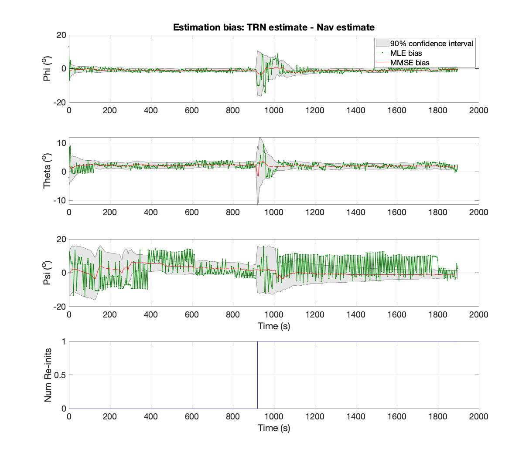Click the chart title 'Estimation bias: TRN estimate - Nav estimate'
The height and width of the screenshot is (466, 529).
pyautogui.click(x=273, y=27)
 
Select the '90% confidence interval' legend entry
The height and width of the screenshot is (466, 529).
pyautogui.click(x=424, y=43)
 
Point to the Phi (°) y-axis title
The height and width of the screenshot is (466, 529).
pyautogui.click(x=47, y=68)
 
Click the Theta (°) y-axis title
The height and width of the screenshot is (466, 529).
pyautogui.click(x=47, y=171)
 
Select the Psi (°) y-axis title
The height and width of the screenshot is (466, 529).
pyautogui.click(x=47, y=273)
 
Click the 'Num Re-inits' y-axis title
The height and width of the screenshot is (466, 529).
pyautogui.click(x=48, y=375)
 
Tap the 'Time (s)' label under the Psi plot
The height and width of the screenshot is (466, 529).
pyautogui.click(x=274, y=326)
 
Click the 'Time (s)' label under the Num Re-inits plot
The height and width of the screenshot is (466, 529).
pyautogui.click(x=274, y=428)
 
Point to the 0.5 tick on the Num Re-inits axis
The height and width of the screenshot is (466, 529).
pyautogui.click(x=60, y=375)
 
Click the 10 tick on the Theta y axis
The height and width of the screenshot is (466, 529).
pyautogui.click(x=61, y=143)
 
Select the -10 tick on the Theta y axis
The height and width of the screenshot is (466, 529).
pyautogui.click(x=60, y=200)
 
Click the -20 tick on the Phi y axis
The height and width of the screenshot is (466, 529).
pyautogui.click(x=60, y=102)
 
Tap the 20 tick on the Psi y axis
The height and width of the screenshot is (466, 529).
pyautogui.click(x=61, y=240)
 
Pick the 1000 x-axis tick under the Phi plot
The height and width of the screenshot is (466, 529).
pyautogui.click(x=274, y=110)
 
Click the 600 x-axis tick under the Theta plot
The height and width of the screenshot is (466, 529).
pyautogui.click(x=192, y=212)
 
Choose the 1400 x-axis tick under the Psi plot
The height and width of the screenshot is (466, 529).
pyautogui.click(x=356, y=314)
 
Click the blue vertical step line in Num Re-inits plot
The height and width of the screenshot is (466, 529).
pyautogui.click(x=257, y=375)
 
